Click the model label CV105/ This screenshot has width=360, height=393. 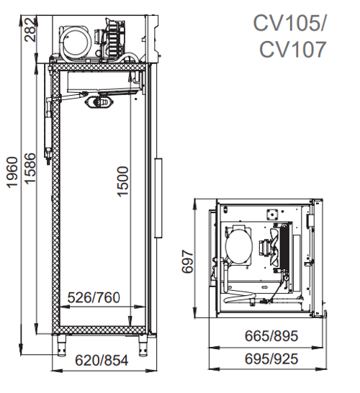pos(289,23)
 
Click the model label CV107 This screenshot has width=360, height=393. pos(292,50)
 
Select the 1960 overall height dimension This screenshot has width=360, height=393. pos(12,173)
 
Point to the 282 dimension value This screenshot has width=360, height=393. pos(30,30)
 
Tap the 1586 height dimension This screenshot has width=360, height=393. pos(30,168)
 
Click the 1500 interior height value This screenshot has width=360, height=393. pos(123,181)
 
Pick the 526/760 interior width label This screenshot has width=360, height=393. pos(94,297)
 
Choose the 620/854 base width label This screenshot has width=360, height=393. pos(102,361)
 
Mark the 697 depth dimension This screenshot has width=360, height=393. pos(187,261)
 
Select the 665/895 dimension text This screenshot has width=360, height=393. pos(271,336)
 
